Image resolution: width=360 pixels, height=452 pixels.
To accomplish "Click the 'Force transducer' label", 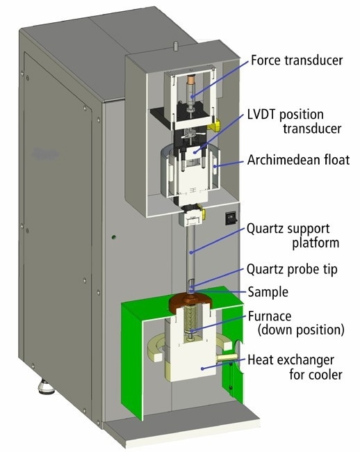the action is coord(297,60).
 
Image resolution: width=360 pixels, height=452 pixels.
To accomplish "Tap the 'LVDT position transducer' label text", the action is coord(294,122).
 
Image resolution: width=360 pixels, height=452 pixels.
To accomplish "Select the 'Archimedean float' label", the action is coord(298,160).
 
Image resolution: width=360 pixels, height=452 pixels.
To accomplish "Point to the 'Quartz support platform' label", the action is coord(293,236).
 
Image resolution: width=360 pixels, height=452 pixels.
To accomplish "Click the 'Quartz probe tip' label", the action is coord(292,270).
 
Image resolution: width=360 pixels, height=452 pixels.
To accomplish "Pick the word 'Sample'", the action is coord(268,292).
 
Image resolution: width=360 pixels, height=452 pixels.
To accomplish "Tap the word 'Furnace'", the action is coord(270,316).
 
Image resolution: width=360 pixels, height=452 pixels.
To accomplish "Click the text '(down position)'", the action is coord(301,330).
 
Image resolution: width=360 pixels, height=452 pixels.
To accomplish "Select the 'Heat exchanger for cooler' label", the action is coord(295,367).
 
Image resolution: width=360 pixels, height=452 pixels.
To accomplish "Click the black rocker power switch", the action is coord(231,218).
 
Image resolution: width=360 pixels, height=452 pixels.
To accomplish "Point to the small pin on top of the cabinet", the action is coord(174,46).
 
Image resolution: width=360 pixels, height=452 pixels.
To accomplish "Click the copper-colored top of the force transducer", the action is coord(190,79).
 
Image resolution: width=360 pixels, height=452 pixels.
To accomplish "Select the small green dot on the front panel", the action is coord(114,237).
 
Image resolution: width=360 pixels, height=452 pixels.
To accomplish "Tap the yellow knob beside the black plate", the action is coord(215,125).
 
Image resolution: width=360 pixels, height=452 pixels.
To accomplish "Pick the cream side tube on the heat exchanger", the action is coord(227,357).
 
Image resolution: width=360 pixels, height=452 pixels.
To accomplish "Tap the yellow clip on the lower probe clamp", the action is coord(203,214).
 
